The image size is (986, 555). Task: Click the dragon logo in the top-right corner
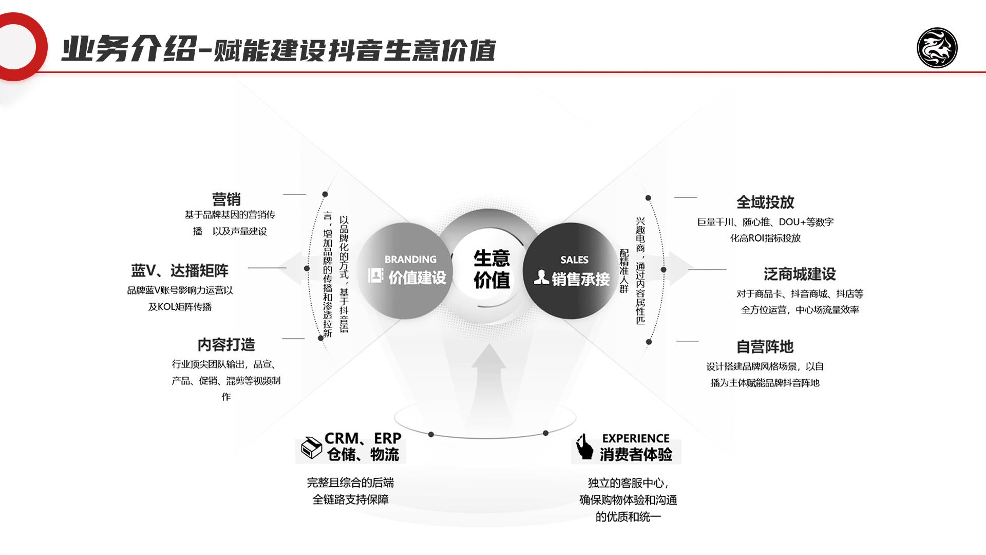click(x=937, y=48)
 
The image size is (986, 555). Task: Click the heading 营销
click(x=226, y=199)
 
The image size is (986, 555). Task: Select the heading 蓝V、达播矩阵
click(x=180, y=270)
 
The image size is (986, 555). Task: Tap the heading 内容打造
click(x=226, y=344)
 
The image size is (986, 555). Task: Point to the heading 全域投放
click(x=765, y=202)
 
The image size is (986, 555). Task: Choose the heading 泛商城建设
click(x=800, y=274)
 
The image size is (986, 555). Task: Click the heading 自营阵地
click(x=765, y=347)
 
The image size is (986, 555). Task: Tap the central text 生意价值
click(x=491, y=269)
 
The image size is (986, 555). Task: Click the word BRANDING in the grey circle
click(x=410, y=260)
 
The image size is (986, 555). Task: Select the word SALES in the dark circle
click(x=574, y=260)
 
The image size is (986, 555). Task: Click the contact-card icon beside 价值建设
click(x=375, y=275)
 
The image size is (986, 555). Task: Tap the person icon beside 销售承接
click(x=541, y=277)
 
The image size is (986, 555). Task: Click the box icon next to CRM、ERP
click(x=311, y=448)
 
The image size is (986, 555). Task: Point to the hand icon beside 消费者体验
click(x=584, y=447)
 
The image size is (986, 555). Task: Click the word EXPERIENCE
click(x=636, y=438)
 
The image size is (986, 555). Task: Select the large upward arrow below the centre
click(x=488, y=385)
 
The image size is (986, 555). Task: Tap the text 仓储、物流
click(x=363, y=454)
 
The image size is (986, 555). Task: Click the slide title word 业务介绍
click(x=128, y=49)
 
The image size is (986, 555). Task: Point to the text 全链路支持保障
click(x=350, y=499)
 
